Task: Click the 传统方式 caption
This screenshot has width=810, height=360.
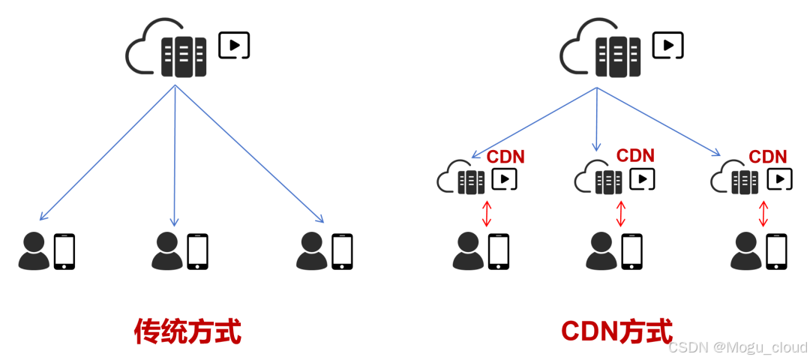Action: pyautogui.click(x=187, y=331)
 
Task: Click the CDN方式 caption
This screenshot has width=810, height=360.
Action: pyautogui.click(x=616, y=331)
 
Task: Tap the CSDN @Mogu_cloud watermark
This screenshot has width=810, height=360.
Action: pyautogui.click(x=737, y=347)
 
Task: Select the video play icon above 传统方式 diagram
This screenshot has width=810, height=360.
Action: pyautogui.click(x=234, y=45)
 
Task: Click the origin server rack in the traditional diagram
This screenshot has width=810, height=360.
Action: pyautogui.click(x=184, y=56)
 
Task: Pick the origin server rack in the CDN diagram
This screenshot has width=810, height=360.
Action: pyautogui.click(x=619, y=56)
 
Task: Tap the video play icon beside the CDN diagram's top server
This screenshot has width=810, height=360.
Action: pyautogui.click(x=667, y=45)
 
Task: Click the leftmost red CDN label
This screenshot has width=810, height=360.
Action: pyautogui.click(x=505, y=157)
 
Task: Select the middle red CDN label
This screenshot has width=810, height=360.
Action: pyautogui.click(x=635, y=156)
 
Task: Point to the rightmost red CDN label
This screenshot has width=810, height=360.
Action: pyautogui.click(x=767, y=157)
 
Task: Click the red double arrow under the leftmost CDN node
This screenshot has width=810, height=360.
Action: pyautogui.click(x=487, y=213)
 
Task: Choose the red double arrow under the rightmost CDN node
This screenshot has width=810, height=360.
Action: pyautogui.click(x=763, y=213)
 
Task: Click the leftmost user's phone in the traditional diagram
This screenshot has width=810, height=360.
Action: pyautogui.click(x=64, y=251)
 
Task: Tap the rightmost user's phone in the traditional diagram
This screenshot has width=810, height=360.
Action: pyautogui.click(x=342, y=251)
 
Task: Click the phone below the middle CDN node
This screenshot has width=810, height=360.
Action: pyautogui.click(x=631, y=251)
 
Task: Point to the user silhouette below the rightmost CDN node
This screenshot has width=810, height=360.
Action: pyautogui.click(x=746, y=251)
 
